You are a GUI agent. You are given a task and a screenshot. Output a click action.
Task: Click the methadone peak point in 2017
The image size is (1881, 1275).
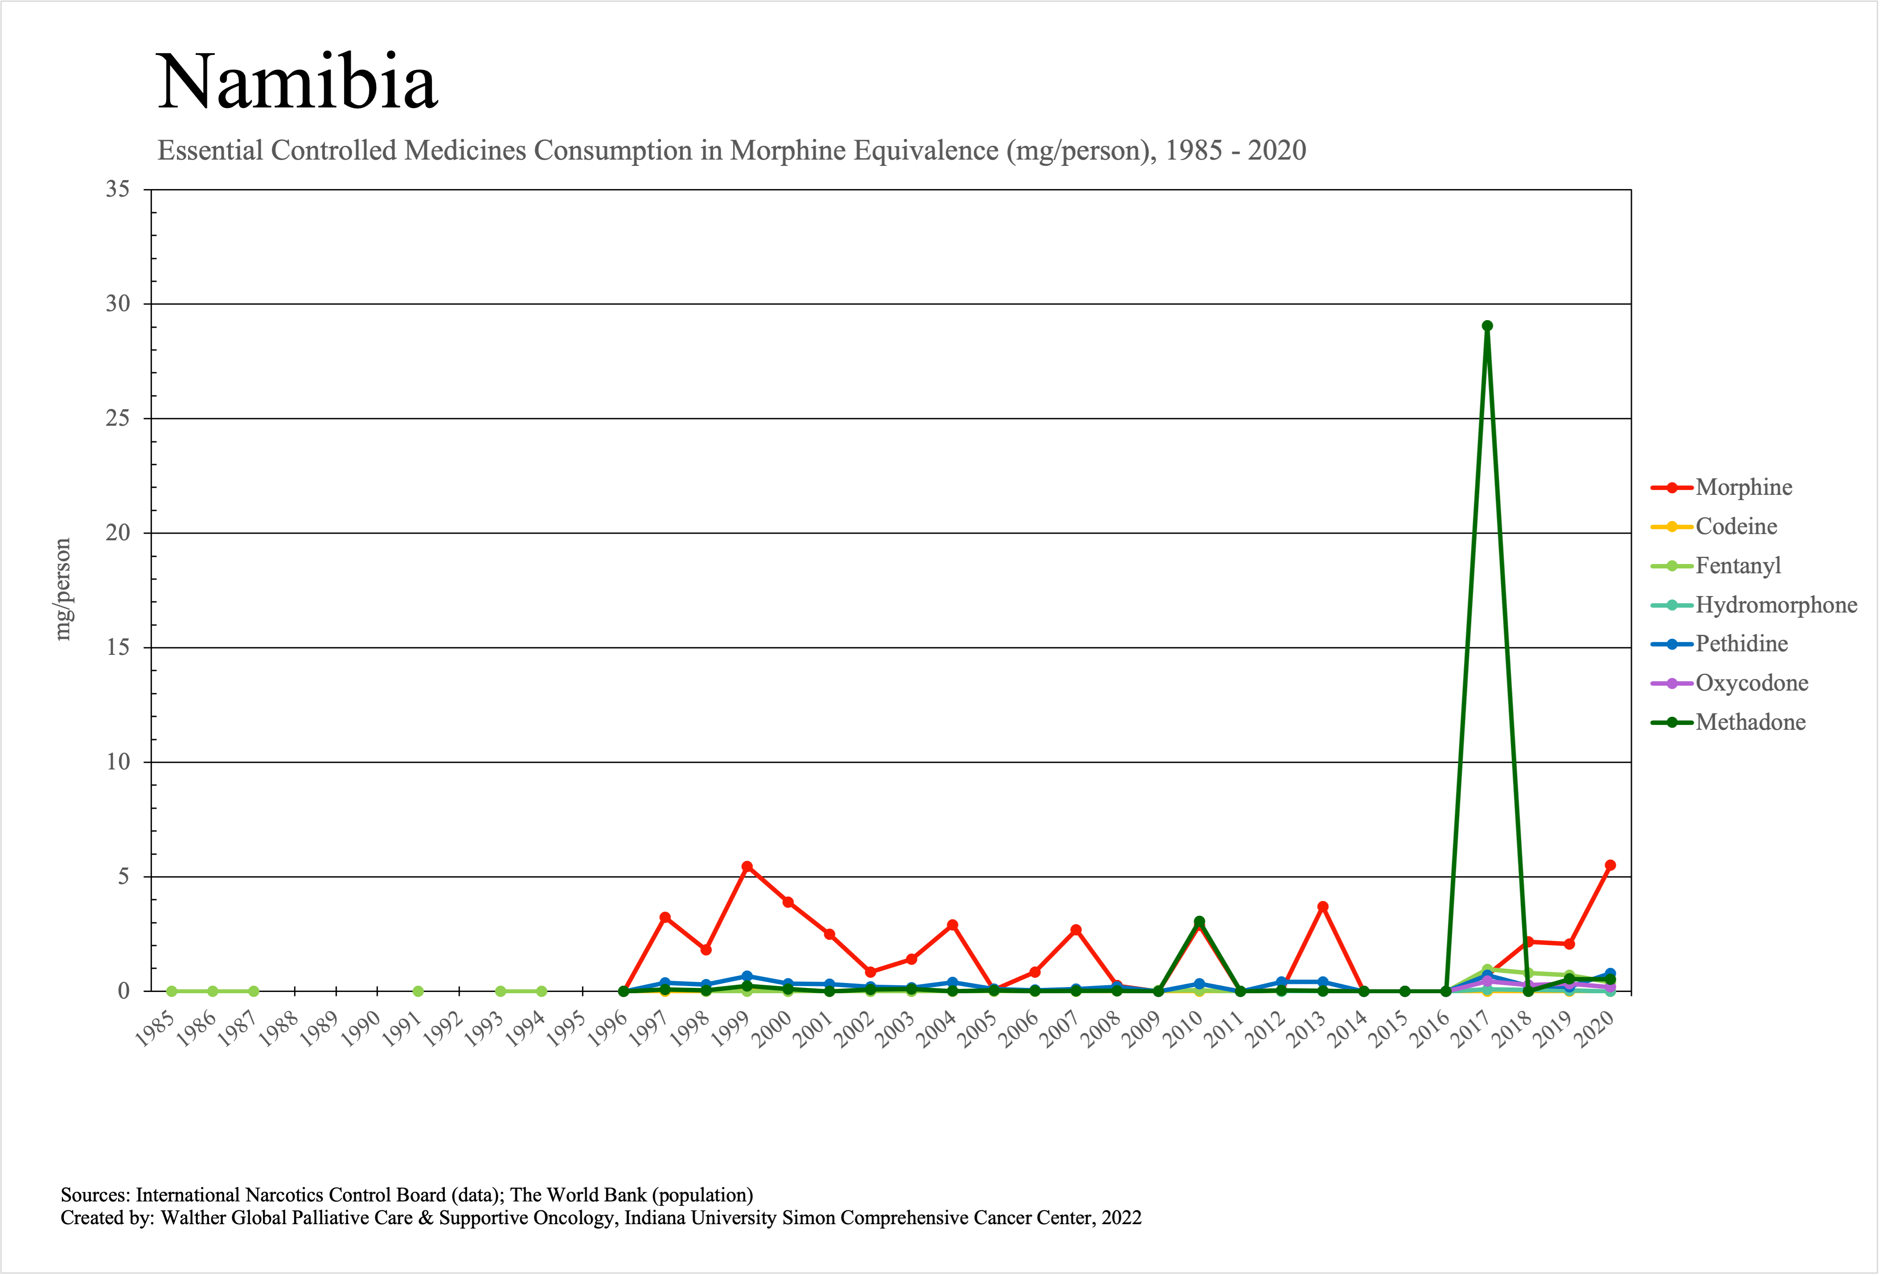[1487, 326]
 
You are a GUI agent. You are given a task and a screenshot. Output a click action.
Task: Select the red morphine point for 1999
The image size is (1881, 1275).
[747, 866]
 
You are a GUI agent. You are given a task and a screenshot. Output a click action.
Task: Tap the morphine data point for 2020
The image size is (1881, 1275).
[1610, 865]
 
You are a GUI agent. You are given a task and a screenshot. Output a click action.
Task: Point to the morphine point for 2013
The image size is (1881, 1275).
[1323, 907]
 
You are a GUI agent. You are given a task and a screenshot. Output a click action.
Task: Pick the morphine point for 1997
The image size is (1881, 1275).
[664, 917]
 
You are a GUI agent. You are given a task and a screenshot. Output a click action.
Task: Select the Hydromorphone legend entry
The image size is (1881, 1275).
[1776, 605]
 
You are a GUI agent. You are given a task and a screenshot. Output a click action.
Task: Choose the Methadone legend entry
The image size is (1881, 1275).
[1750, 722]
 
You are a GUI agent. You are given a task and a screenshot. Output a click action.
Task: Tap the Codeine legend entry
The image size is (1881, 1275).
[1736, 526]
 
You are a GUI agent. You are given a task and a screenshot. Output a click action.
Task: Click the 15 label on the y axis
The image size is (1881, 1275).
[118, 648]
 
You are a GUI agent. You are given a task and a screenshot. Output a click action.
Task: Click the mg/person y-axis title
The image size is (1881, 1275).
[62, 589]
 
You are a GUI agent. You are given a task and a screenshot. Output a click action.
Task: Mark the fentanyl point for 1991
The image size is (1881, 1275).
[418, 991]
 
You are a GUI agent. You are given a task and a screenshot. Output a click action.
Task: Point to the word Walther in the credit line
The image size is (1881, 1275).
[193, 1217]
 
